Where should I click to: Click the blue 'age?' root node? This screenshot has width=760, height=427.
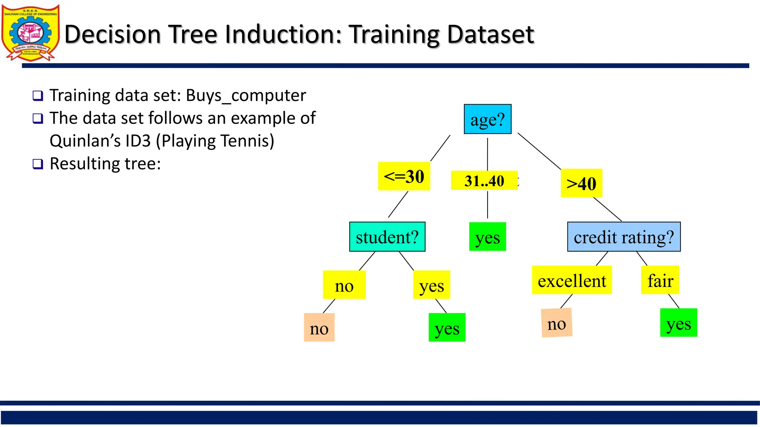tap(487, 119)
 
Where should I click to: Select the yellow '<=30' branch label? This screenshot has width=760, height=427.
tap(404, 176)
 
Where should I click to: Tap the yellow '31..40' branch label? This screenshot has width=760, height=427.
tap(484, 181)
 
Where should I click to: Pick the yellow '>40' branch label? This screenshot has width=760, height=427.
tap(581, 183)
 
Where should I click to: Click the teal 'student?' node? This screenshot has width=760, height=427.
tap(387, 237)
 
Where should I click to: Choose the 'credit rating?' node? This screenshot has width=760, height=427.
tap(623, 237)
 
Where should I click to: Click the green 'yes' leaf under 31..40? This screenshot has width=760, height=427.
tap(487, 237)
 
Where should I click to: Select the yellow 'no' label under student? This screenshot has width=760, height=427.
tap(344, 285)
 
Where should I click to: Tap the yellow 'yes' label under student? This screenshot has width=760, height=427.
tap(431, 285)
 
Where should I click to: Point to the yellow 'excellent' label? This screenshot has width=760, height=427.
tap(571, 280)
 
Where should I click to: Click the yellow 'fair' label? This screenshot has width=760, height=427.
tap(660, 280)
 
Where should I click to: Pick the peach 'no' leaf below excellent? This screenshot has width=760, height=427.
tap(556, 323)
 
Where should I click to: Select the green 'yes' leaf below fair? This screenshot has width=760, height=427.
tap(678, 323)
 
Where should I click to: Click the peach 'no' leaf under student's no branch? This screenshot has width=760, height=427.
tap(319, 328)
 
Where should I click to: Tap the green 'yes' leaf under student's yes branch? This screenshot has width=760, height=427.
tap(447, 328)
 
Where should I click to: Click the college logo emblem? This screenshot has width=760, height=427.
tap(30, 33)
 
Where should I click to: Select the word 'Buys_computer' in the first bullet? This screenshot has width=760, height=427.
tap(246, 96)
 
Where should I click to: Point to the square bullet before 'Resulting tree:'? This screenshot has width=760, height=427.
tap(38, 164)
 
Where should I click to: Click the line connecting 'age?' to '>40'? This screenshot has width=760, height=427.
tap(539, 151)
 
